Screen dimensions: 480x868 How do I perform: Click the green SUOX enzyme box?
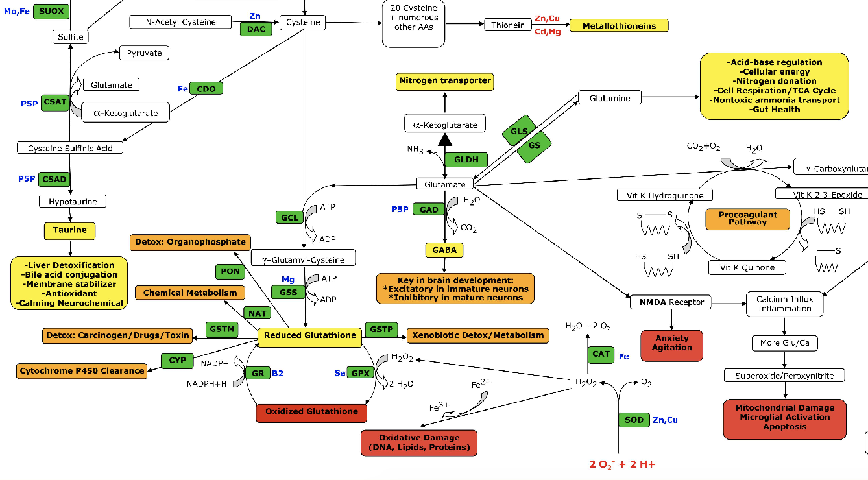click(x=51, y=11)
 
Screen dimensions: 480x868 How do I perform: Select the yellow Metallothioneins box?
click(x=619, y=26)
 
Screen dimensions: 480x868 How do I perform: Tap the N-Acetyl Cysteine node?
click(x=181, y=22)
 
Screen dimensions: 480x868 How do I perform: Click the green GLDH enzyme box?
click(x=466, y=160)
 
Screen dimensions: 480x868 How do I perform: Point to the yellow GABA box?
click(x=444, y=250)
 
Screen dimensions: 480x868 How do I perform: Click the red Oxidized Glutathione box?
click(x=311, y=411)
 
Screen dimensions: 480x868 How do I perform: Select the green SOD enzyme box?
click(x=634, y=420)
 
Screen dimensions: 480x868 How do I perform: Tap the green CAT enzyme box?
click(x=601, y=354)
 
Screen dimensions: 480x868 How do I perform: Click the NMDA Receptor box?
click(x=671, y=302)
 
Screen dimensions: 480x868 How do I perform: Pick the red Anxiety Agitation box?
click(x=671, y=343)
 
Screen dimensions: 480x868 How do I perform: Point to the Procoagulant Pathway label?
click(x=747, y=219)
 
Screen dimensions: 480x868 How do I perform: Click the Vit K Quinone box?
click(x=747, y=267)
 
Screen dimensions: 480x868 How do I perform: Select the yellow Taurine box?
click(x=70, y=230)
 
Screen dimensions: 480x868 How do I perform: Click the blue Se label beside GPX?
click(x=340, y=373)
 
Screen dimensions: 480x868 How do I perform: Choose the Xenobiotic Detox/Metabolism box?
click(x=478, y=335)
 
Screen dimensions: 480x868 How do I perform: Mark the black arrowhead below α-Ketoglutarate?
click(x=445, y=139)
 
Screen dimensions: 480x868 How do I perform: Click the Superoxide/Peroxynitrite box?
click(x=785, y=376)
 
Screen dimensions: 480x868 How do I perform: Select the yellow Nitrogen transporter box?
click(x=445, y=81)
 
